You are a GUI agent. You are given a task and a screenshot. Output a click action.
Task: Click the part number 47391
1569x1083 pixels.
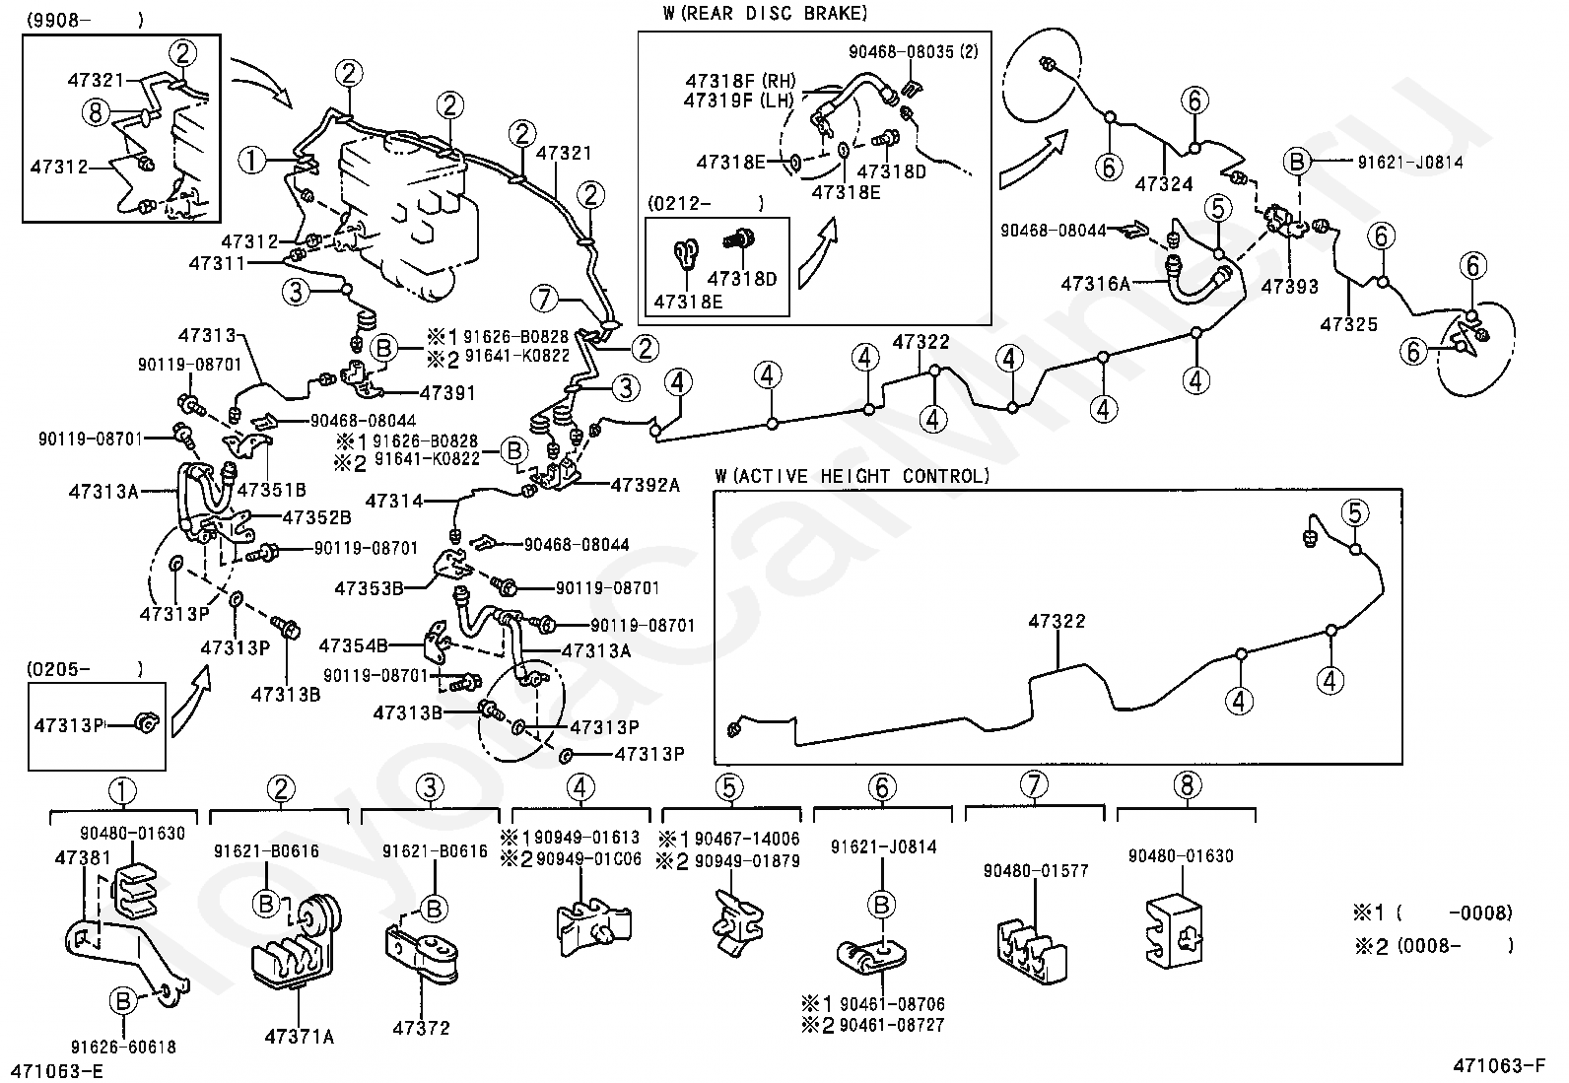[x=447, y=393]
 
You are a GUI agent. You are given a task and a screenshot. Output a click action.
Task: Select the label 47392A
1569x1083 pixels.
[x=646, y=485]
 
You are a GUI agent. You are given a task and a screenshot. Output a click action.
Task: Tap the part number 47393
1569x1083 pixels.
[x=1289, y=286]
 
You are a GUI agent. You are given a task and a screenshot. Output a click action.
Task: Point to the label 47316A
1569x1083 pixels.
[x=1095, y=284]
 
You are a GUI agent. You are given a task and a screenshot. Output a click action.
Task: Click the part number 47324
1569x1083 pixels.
[x=1164, y=184]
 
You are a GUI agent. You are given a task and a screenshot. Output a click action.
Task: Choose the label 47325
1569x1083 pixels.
[x=1349, y=323]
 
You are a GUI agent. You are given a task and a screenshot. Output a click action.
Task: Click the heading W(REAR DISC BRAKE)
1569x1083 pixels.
[x=766, y=14]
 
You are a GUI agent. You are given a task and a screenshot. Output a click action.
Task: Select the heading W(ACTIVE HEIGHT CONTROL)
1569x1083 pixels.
[x=853, y=477]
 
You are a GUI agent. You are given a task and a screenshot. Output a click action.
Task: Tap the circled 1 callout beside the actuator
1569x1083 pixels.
[x=252, y=160]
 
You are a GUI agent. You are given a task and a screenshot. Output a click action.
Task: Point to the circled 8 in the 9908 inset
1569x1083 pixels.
[x=95, y=113]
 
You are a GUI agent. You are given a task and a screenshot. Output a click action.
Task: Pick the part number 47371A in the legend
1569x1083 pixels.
[x=299, y=1036]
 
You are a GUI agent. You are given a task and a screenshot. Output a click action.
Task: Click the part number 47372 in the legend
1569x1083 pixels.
[x=421, y=1028]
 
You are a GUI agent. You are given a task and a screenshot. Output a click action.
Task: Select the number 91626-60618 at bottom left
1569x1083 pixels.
[x=123, y=1048]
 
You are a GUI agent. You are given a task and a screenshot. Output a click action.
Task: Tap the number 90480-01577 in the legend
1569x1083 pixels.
[x=1036, y=871]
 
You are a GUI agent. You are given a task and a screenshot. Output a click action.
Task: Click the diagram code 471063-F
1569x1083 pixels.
[x=1497, y=1065]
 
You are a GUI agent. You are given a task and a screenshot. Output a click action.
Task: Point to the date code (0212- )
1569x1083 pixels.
[x=704, y=204]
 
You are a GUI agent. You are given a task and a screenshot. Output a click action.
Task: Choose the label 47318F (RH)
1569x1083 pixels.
[x=741, y=81]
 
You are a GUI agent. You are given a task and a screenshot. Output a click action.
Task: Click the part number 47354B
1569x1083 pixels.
[x=353, y=646]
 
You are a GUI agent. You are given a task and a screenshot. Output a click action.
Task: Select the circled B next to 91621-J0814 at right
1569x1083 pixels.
[x=1298, y=163]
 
